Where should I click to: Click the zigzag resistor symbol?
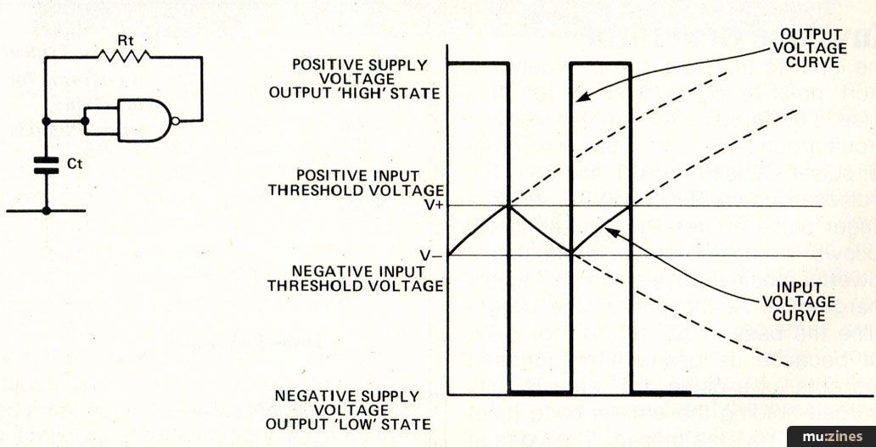(x=123, y=56)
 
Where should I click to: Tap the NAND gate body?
(x=145, y=120)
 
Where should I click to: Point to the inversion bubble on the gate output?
(x=176, y=120)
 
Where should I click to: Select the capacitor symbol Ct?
(x=46, y=165)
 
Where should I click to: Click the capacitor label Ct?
(x=75, y=165)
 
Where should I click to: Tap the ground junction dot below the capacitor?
(x=47, y=210)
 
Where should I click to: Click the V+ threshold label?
(x=434, y=204)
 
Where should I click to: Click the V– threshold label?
(x=431, y=254)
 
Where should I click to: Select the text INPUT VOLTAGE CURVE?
(x=799, y=301)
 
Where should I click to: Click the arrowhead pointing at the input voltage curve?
(x=612, y=232)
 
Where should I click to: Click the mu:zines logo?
(x=831, y=436)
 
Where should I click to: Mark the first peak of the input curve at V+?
(x=508, y=205)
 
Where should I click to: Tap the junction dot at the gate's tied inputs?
(x=85, y=120)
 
